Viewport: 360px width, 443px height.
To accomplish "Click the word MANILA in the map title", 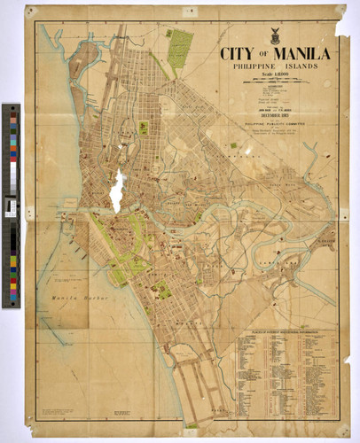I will tap(297, 53).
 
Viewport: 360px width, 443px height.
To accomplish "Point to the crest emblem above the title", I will tap(275, 36).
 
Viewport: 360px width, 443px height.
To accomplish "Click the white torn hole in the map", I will tap(116, 189).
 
